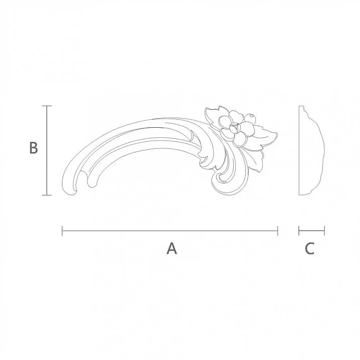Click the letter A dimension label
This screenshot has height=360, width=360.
172,248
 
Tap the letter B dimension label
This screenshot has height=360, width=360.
33,149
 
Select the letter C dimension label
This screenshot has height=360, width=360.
310,248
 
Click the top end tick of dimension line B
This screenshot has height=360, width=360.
47,106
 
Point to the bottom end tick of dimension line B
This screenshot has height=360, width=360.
47,195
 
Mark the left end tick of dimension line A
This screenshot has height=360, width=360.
62,231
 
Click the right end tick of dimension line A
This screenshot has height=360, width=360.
278,231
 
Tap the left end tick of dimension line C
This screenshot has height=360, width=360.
299,231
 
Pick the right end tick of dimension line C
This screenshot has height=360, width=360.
324,231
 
